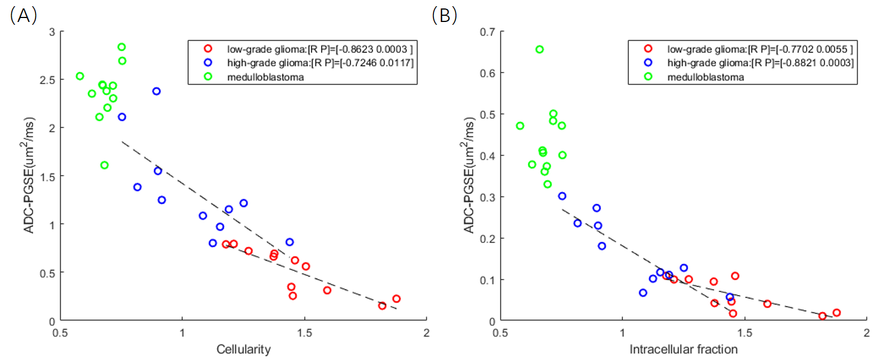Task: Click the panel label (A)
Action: click(x=23, y=15)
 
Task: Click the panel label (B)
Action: click(x=444, y=15)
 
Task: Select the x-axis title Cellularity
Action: click(x=243, y=349)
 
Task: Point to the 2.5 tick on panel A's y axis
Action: click(x=50, y=79)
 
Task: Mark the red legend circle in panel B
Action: click(x=648, y=48)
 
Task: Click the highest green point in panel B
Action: click(x=539, y=50)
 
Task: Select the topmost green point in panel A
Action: click(x=121, y=47)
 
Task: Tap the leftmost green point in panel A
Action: click(x=80, y=76)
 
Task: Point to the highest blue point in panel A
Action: click(x=156, y=91)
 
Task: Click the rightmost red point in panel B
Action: click(x=836, y=313)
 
